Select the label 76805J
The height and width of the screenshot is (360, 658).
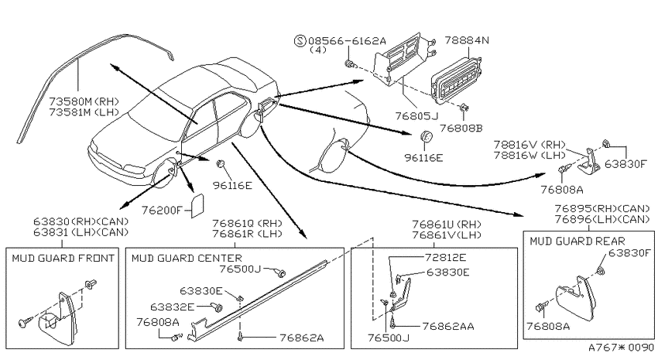coord(416,115)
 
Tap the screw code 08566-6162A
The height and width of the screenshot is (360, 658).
coord(347,41)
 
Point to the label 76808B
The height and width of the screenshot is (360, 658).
coord(461,128)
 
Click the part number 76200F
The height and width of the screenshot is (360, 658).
coord(161,210)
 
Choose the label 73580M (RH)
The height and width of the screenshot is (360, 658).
coord(84,102)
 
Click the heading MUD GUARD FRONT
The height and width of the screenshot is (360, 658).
coord(63,258)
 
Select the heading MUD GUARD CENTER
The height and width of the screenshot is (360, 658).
coord(187,258)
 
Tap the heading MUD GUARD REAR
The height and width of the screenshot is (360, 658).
coord(577,242)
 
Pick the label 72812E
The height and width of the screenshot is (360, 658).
coord(445,257)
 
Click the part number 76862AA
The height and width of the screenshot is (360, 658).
coord(448,326)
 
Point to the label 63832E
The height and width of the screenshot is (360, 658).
coord(172,307)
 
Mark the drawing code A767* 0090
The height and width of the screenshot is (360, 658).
coord(621,348)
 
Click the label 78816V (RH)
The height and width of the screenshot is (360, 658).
coord(529,145)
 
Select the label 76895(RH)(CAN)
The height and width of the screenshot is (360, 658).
coord(602,208)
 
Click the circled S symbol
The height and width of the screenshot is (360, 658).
coord(300,41)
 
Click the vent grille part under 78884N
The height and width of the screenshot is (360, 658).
coord(455,82)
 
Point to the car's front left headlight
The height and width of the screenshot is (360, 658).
coord(133,170)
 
